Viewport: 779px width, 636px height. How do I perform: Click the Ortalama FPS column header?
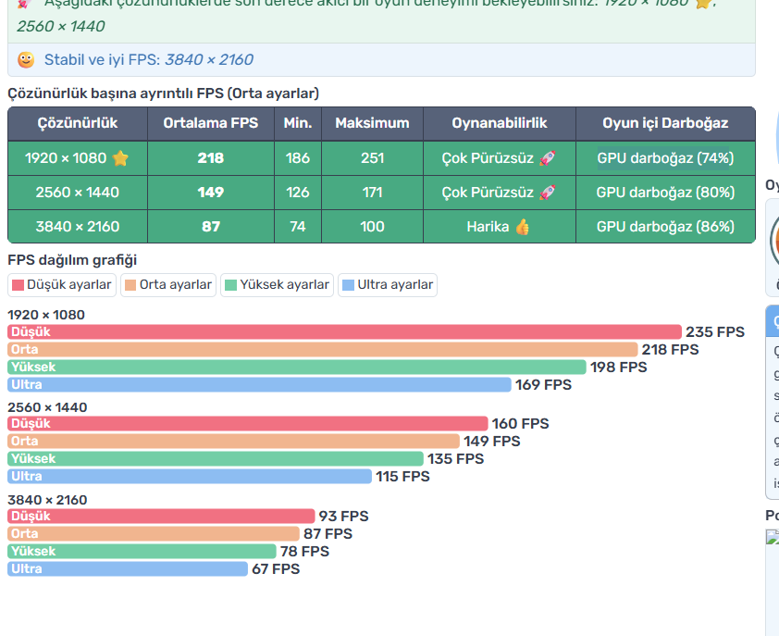(211, 123)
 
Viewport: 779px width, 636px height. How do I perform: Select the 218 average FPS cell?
(211, 158)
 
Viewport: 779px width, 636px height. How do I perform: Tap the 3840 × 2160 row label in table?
(78, 227)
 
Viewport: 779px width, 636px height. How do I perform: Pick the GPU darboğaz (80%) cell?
(665, 193)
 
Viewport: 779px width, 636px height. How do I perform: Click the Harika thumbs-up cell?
(499, 227)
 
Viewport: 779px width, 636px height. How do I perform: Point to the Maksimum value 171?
(372, 193)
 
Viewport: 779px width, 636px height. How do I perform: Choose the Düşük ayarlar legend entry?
(62, 285)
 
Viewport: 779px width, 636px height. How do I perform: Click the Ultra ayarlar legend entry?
(388, 285)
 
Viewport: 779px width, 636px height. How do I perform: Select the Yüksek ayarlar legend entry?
(277, 285)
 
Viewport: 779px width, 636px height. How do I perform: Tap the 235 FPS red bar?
(344, 331)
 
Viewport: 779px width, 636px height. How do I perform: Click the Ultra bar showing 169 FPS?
(259, 384)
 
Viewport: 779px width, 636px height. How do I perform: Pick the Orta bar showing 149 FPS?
(233, 442)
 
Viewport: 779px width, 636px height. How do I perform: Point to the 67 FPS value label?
(276, 569)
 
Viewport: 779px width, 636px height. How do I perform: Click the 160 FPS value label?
(520, 424)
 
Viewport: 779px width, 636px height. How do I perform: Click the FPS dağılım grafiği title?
(72, 260)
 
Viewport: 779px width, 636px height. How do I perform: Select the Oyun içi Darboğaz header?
(665, 123)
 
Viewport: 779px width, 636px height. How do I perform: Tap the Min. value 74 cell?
(298, 227)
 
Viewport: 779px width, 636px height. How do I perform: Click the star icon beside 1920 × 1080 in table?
(120, 158)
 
